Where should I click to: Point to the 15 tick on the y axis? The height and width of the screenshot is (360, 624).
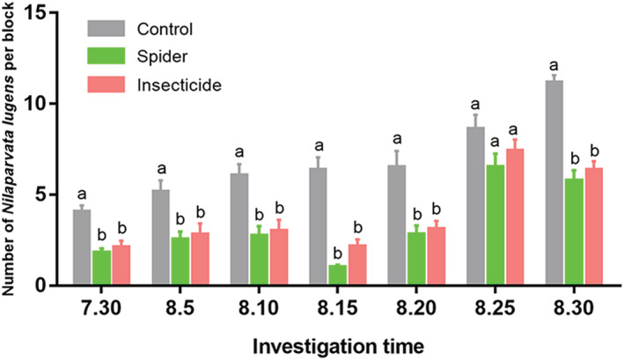[51, 12]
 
